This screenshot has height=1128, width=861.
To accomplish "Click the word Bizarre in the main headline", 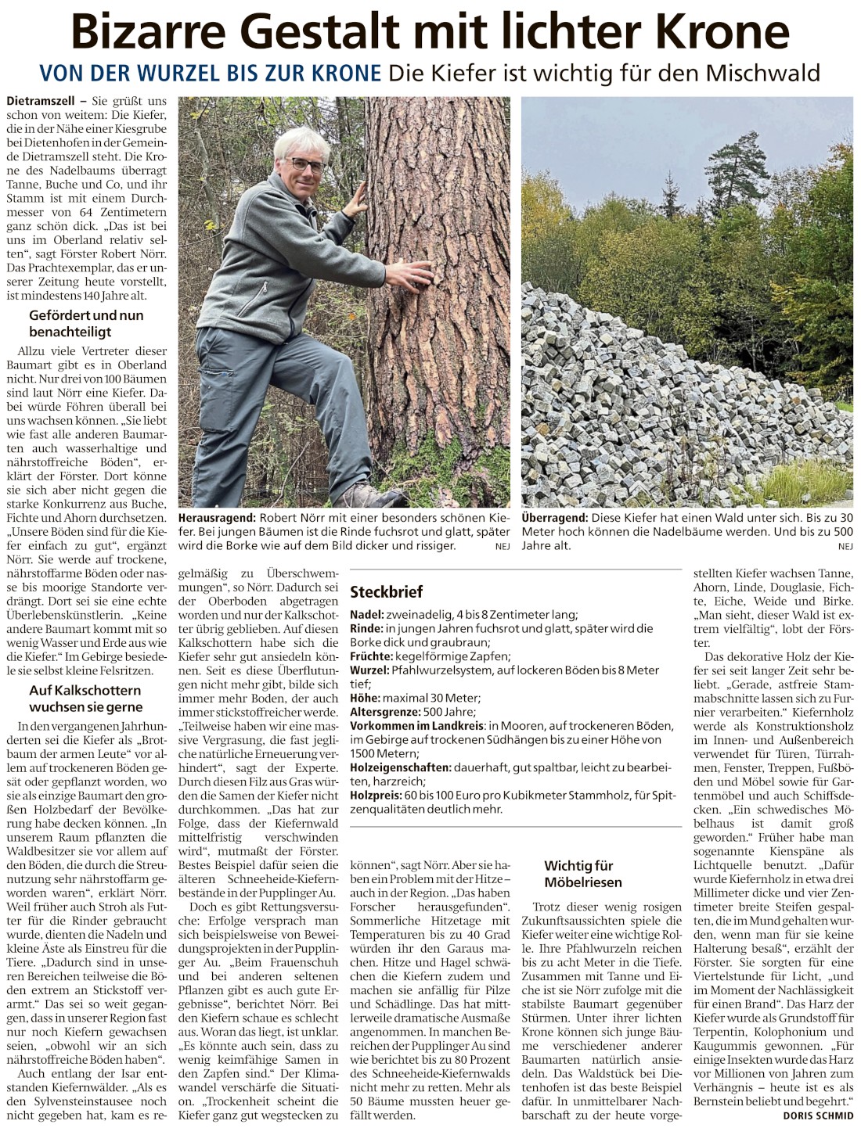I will coord(150,32).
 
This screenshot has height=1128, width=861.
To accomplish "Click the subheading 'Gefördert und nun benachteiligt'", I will coord(86,324).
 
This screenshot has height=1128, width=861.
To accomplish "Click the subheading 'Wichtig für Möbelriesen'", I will coord(583,874).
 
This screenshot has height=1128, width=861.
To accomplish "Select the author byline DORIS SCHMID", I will coord(817,1115).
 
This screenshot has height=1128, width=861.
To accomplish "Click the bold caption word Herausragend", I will coord(218,519).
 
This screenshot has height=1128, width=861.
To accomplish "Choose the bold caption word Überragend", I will coord(554,519).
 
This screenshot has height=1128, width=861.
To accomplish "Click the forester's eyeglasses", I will coord(305,165).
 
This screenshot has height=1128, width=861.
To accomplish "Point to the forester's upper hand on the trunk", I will coord(355,203).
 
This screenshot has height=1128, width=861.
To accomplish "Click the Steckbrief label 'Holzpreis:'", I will coord(375,795).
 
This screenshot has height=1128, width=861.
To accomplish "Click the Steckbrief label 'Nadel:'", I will coord(366,615).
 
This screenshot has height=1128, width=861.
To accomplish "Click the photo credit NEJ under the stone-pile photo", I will coord(845,546).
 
